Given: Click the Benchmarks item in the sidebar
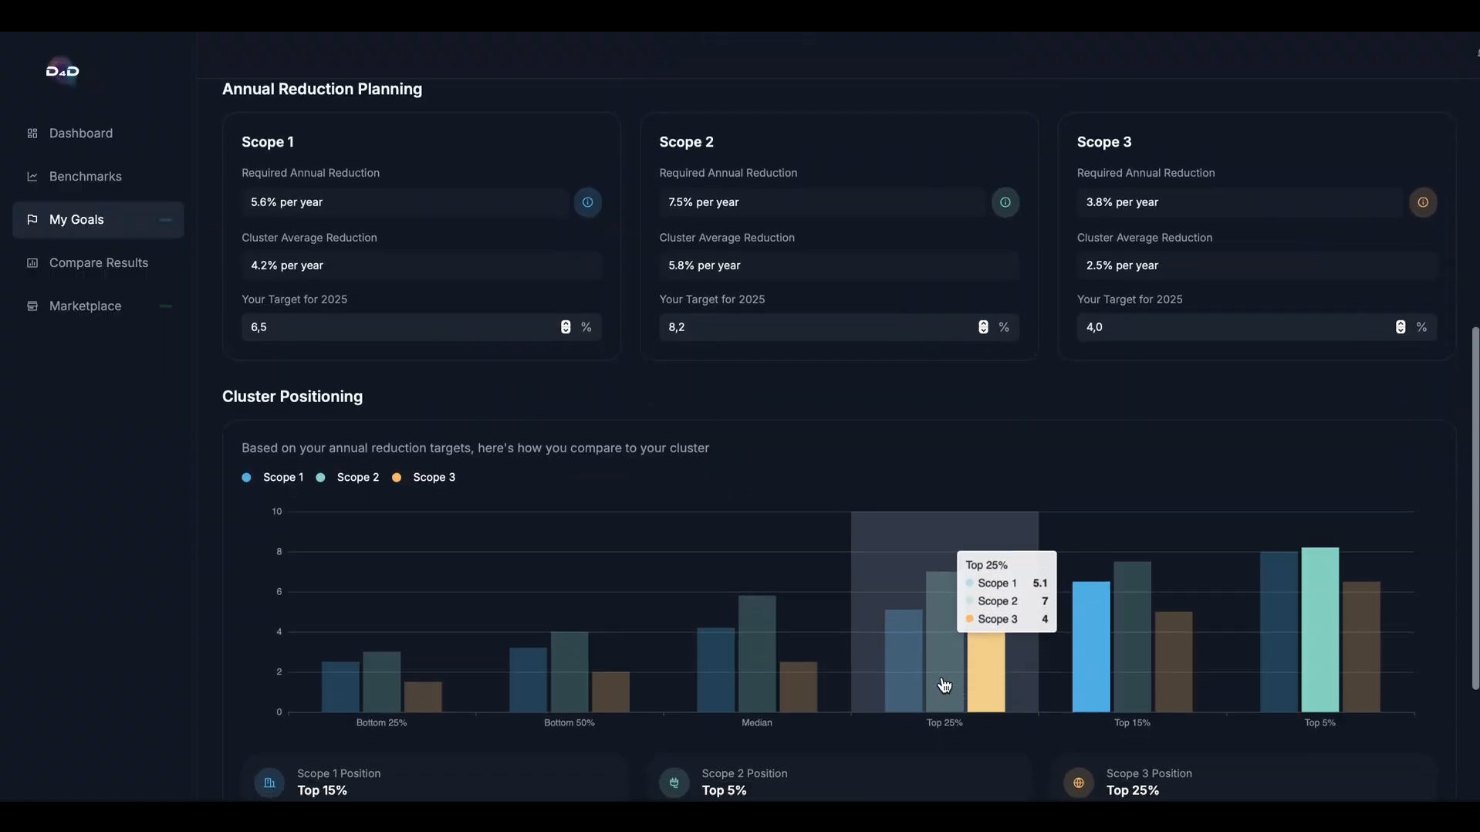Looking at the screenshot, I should [85, 177].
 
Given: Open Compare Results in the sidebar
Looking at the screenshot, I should [98, 263].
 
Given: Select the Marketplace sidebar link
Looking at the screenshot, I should [85, 306].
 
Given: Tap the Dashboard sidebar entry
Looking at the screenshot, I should [80, 134].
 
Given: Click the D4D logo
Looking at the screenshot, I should [63, 72].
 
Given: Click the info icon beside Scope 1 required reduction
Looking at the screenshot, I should [587, 202].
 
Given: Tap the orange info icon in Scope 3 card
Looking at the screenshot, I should [1422, 202].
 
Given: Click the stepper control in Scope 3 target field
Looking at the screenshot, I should [1400, 327].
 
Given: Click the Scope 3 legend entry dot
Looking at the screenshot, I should [397, 478].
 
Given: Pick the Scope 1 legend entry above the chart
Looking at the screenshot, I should [273, 478].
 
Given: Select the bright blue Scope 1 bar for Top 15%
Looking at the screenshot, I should [1090, 647].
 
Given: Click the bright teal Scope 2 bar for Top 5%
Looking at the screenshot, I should [1319, 630].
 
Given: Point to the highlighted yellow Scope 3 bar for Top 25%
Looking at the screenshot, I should [985, 671].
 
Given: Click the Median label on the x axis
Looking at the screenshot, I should [756, 723].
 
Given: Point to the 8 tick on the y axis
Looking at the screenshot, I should [279, 552].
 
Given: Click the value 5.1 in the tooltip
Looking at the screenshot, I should [1039, 583].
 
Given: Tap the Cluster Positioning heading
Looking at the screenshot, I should [292, 397].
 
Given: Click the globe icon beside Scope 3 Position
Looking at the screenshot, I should [1078, 783].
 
